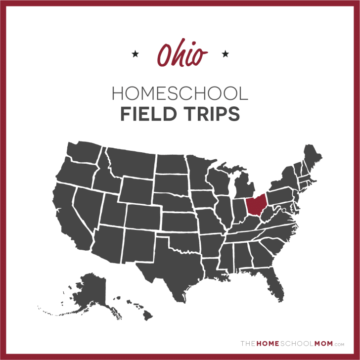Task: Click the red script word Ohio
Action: click(180, 54)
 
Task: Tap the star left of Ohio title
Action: click(135, 53)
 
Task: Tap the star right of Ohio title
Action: click(225, 53)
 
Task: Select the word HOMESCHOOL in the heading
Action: click(180, 93)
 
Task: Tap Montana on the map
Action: click(131, 161)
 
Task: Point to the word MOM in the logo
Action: click(323, 343)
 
